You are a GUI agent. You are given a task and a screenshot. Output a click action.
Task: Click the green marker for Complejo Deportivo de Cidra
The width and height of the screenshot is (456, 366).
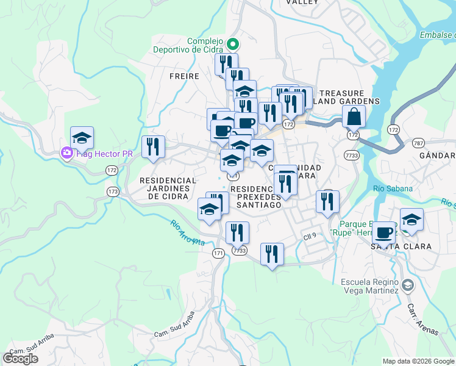point(232,44)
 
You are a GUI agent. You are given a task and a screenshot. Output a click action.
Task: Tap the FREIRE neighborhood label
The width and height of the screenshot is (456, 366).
point(185,76)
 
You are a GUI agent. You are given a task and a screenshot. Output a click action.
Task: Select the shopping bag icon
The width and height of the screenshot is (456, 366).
point(354,115)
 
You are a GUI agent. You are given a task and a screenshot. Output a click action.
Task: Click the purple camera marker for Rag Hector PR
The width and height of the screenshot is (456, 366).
point(65,154)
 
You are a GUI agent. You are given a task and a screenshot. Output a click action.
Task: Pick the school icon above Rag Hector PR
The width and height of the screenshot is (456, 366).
point(82,137)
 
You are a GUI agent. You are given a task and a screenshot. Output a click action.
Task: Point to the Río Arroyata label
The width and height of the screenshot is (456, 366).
point(188,232)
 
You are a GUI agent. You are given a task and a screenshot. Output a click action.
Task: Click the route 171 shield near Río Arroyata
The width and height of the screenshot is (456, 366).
point(219,253)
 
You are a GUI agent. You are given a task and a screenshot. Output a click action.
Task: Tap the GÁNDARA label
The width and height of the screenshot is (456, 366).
point(437,156)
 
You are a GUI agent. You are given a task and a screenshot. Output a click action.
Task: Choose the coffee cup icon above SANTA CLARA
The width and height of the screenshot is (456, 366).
point(384,232)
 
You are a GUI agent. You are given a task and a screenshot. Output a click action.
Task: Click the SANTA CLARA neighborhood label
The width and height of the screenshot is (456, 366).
point(401,246)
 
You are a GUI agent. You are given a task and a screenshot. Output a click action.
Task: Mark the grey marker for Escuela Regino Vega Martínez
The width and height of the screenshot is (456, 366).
point(408,284)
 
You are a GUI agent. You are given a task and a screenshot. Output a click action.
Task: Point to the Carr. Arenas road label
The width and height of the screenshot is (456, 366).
point(422,317)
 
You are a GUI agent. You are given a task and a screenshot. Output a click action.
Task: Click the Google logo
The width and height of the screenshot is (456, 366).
point(20,359)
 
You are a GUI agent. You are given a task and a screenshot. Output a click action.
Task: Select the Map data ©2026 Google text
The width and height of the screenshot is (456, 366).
point(418,361)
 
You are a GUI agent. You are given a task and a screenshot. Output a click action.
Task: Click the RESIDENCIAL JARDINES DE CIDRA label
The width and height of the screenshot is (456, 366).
point(168,188)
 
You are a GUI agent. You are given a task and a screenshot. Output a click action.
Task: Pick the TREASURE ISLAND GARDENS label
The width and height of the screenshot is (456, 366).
point(344,96)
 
